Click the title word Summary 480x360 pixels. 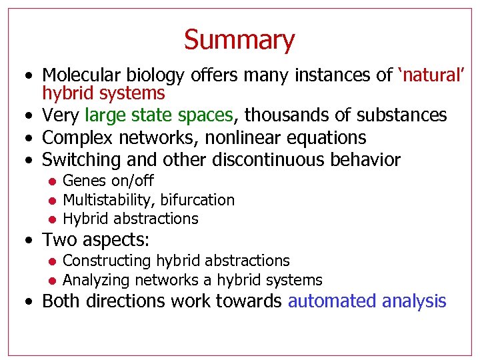tap(239, 40)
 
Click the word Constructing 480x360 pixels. tap(107, 261)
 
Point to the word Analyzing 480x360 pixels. tap(95, 280)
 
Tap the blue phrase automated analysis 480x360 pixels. tap(367, 301)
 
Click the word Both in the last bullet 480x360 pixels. tap(61, 301)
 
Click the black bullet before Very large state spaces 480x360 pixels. tap(30, 116)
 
